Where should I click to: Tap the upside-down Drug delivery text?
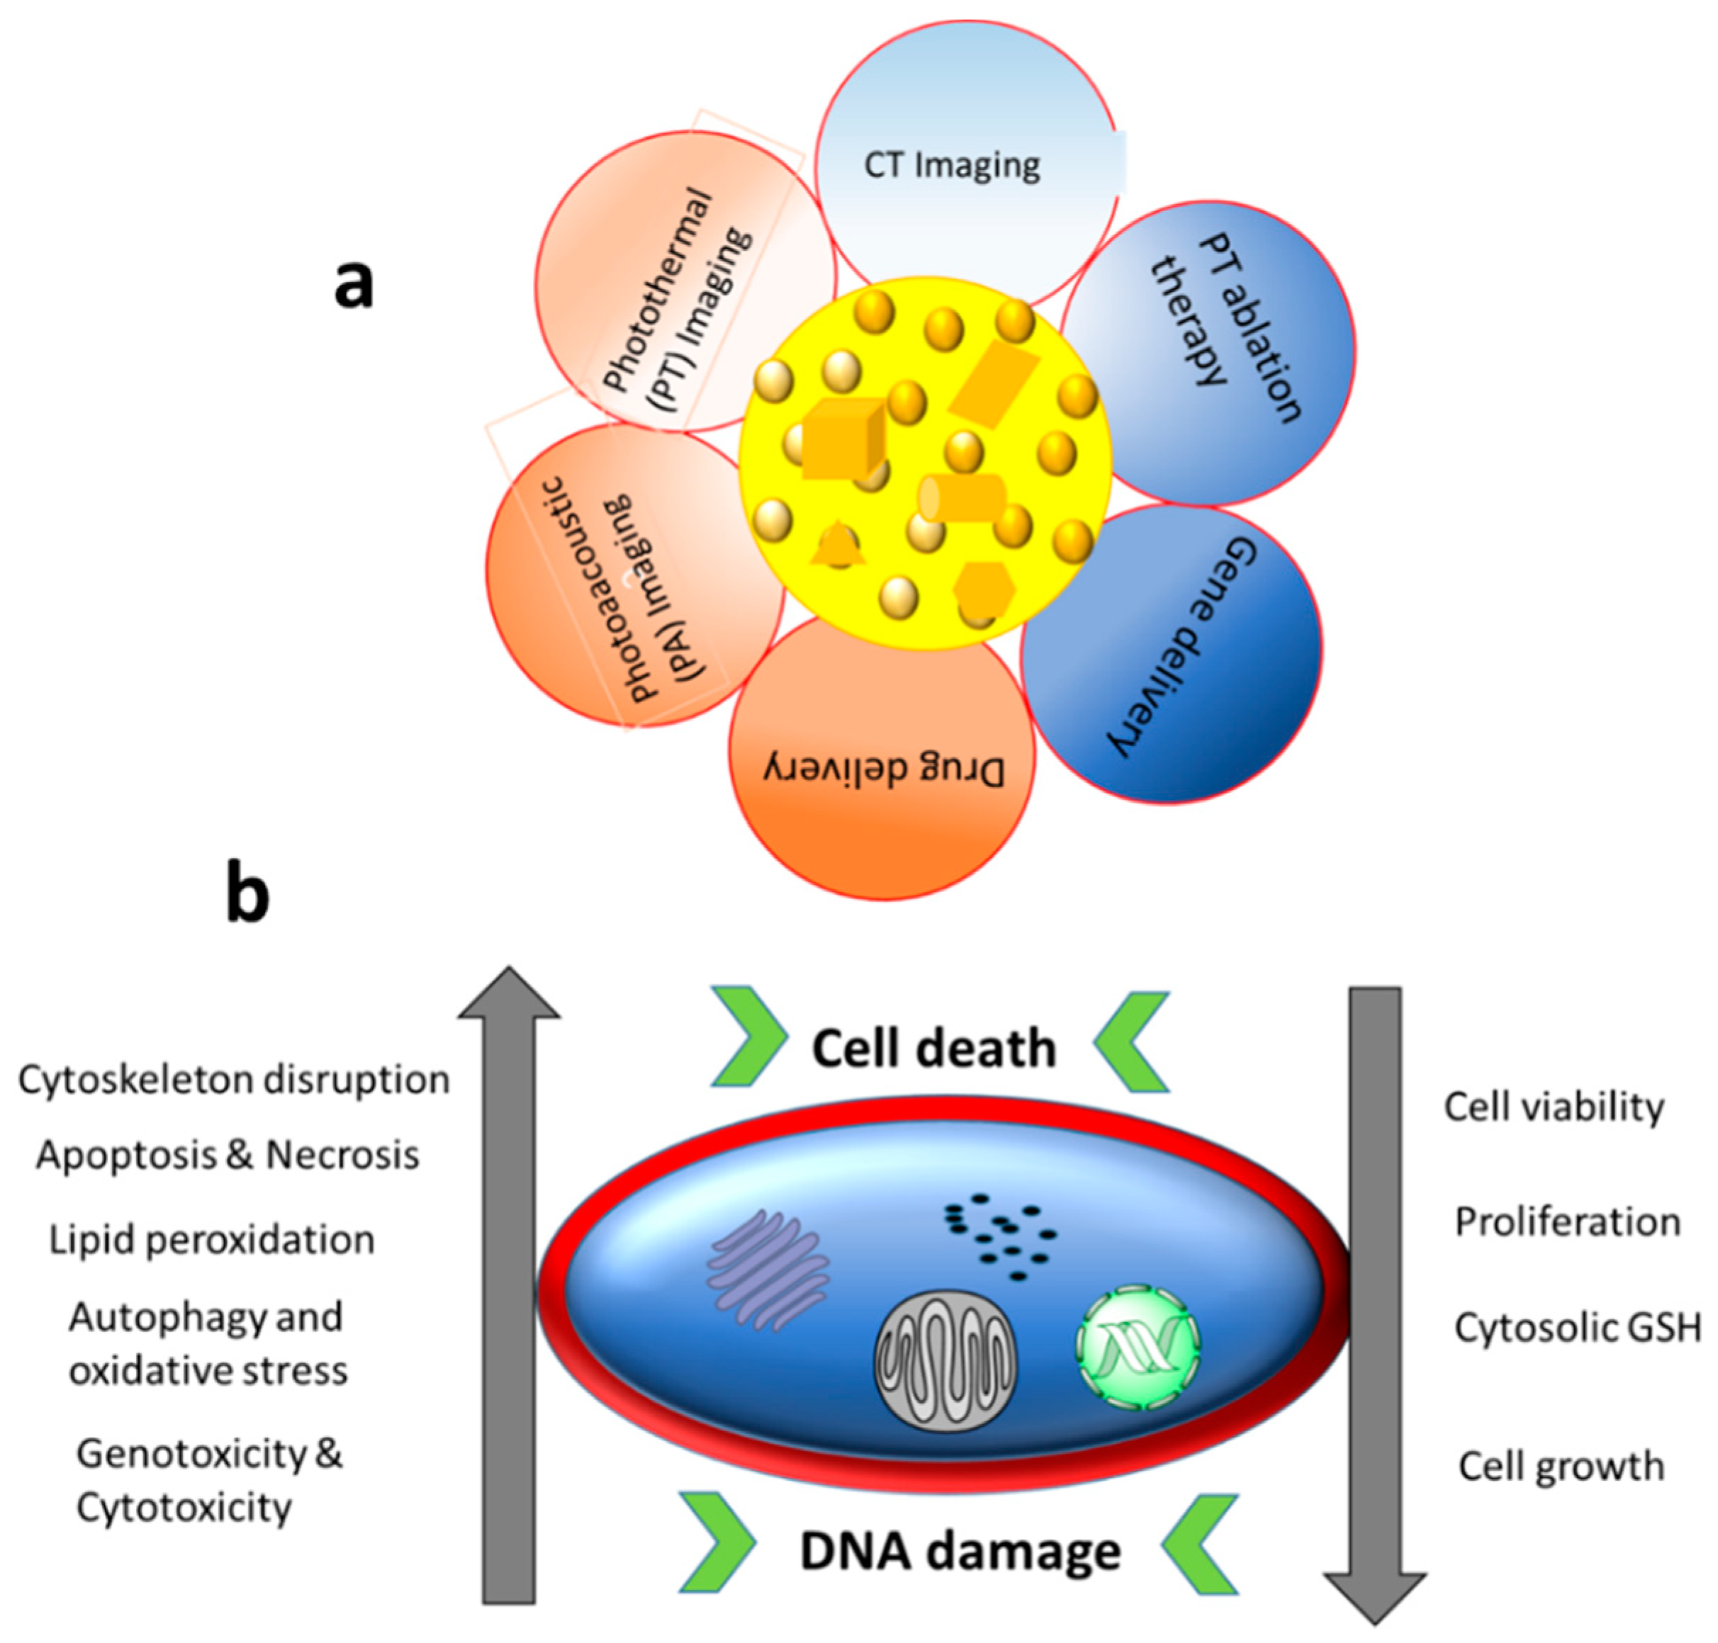coord(882,768)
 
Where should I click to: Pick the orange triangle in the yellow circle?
coord(838,544)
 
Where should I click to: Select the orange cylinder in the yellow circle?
coord(961,497)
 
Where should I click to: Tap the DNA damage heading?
coord(960,1550)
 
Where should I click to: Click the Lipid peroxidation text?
coord(211,1240)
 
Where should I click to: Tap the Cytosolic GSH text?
coord(1577,1328)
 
